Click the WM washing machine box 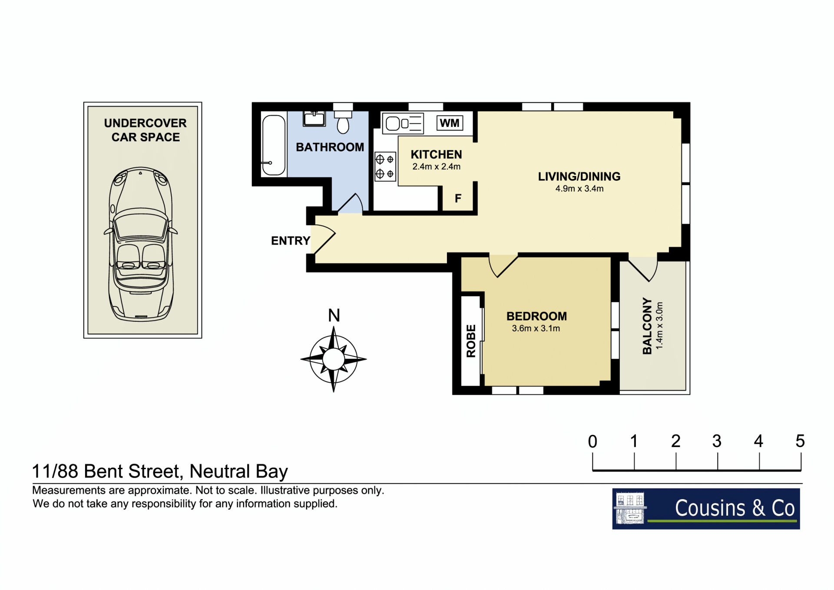450,123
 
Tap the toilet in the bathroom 343,122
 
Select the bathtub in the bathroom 274,145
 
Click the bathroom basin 314,118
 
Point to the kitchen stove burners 385,167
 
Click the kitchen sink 403,123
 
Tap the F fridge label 458,199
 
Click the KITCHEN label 436,154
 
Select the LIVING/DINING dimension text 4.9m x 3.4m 579,189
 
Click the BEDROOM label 536,316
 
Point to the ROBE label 471,341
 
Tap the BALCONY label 647,326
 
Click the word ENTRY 291,241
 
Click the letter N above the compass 334,315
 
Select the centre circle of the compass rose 334,359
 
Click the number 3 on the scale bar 717,441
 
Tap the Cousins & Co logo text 735,508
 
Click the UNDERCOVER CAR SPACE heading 146,130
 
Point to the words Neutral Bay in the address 239,472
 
